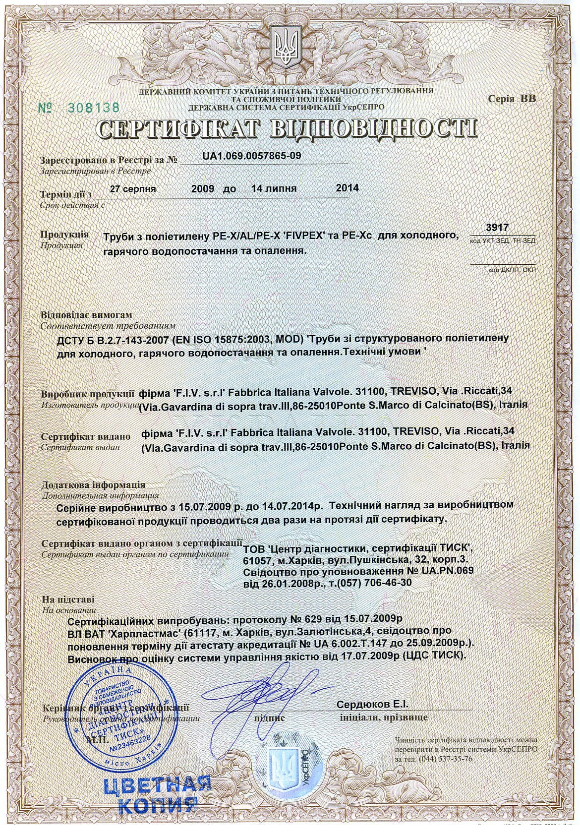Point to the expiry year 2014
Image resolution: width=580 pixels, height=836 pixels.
click(x=347, y=188)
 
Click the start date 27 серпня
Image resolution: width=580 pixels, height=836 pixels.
click(x=133, y=189)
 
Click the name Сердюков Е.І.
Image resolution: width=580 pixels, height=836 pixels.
click(x=372, y=705)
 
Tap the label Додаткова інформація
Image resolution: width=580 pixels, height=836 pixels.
click(x=93, y=484)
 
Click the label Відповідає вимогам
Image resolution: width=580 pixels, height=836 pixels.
click(x=87, y=315)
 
